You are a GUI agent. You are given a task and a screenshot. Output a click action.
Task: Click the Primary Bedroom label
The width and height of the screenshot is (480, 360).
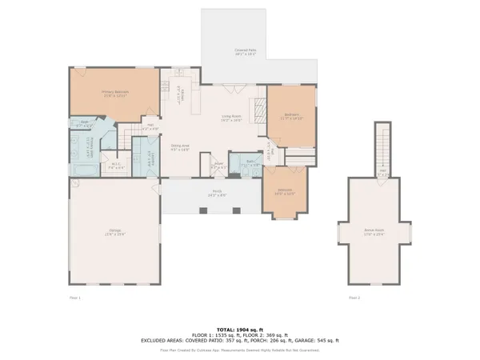coord(115,93)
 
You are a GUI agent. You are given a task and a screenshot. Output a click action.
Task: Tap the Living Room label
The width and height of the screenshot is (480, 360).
coord(232,118)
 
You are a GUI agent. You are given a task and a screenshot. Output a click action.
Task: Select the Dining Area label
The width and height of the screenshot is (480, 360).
coord(181,146)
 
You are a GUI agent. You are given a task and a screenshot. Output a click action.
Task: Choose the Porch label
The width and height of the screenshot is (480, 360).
coord(216,193)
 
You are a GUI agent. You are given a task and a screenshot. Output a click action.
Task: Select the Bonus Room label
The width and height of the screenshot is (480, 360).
coord(374,231)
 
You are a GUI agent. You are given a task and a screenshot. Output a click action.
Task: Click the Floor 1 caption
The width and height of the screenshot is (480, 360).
coord(74,298)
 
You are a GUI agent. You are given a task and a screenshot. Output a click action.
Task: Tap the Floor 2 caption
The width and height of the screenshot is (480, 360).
coord(354,298)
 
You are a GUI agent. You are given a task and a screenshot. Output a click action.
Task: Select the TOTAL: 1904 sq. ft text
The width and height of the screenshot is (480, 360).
coord(239,329)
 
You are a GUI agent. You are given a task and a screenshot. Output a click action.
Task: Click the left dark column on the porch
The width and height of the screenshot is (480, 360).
coord(203,210)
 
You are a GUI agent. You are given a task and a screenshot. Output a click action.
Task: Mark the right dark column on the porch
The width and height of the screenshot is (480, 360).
coord(236,210)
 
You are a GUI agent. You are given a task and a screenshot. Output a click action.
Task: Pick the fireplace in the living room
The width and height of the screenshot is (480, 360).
coord(258,109)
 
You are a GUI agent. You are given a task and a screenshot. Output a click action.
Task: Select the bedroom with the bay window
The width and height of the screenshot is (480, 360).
coord(284,196)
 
